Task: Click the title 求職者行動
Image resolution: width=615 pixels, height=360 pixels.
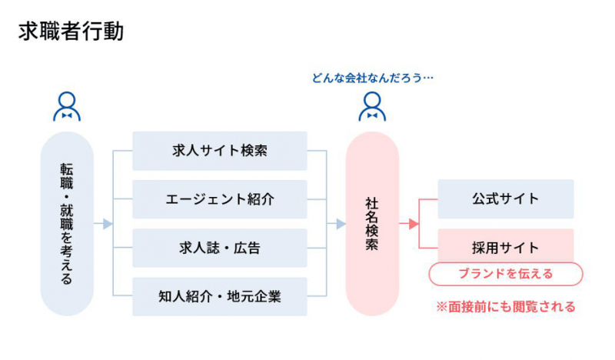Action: (70, 32)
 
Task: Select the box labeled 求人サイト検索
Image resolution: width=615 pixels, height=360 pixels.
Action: (220, 151)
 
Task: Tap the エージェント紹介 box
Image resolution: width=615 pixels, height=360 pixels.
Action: (220, 199)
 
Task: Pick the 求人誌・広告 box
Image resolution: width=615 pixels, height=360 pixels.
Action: (220, 248)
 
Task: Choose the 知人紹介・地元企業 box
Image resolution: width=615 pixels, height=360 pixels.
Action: (220, 296)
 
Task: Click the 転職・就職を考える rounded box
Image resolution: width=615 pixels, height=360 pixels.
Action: (67, 224)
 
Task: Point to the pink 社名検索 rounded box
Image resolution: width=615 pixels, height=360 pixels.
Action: (372, 224)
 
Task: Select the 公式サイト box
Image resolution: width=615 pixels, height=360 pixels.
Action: (505, 199)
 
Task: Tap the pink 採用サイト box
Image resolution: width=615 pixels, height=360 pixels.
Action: (505, 248)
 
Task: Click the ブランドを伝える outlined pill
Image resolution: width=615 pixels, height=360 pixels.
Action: (505, 274)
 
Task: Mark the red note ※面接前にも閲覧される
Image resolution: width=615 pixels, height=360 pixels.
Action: (505, 307)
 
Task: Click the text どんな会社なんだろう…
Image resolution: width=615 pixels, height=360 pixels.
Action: (373, 78)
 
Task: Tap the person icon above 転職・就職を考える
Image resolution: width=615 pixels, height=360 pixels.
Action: (67, 107)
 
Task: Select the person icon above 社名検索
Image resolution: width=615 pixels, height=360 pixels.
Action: (372, 107)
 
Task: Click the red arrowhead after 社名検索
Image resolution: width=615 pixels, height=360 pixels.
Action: (413, 224)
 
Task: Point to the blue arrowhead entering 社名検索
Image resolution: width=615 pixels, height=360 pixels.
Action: (341, 224)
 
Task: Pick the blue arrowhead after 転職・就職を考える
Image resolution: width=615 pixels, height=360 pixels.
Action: (108, 224)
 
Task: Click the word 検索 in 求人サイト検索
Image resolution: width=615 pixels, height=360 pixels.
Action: (252, 151)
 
